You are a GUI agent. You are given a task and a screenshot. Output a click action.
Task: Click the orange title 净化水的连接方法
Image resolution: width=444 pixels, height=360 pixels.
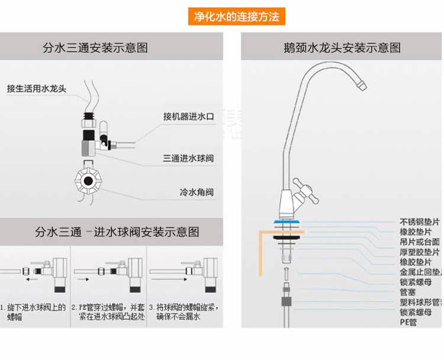pyautogui.click(x=237, y=16)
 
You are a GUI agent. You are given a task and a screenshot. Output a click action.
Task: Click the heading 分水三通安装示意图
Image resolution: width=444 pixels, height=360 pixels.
pyautogui.click(x=95, y=47)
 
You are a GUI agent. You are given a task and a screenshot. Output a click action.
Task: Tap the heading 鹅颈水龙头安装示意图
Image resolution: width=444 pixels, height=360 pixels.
pyautogui.click(x=342, y=47)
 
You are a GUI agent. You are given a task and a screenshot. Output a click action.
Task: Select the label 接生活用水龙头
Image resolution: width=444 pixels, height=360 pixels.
pyautogui.click(x=37, y=89)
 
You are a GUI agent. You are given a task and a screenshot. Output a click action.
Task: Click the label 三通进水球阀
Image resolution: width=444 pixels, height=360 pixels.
pyautogui.click(x=188, y=159)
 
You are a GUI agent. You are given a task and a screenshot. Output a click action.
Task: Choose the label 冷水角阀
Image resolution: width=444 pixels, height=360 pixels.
pyautogui.click(x=197, y=192)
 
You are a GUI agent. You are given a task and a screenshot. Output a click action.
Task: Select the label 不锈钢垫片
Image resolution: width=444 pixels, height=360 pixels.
pyautogui.click(x=420, y=222)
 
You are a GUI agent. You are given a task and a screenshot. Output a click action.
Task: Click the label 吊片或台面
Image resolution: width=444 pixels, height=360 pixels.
pyautogui.click(x=420, y=242)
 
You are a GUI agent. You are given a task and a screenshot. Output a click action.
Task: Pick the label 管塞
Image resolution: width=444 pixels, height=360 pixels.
pyautogui.click(x=408, y=292)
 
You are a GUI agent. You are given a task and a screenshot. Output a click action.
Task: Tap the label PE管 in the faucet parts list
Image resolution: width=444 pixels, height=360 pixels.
pyautogui.click(x=408, y=323)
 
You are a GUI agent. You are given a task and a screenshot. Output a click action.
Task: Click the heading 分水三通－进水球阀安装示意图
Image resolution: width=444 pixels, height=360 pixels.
pyautogui.click(x=117, y=231)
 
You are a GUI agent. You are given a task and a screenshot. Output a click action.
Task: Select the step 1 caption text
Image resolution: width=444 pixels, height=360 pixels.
pyautogui.click(x=34, y=312)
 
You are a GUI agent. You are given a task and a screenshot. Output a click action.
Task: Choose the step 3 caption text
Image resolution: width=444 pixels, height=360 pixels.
pyautogui.click(x=184, y=312)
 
